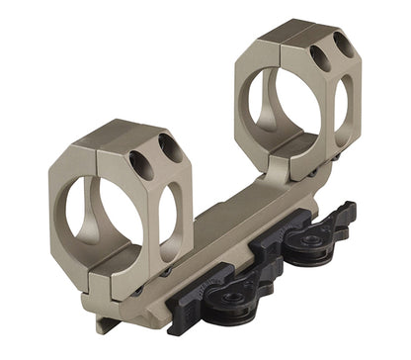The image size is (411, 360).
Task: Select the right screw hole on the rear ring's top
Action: tap(343, 45)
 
